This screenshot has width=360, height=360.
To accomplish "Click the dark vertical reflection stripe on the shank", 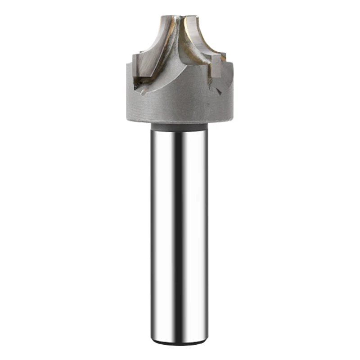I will click(179, 234).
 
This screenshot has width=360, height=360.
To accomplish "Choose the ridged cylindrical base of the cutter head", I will click(180, 106).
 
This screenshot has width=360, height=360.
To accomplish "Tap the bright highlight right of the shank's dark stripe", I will click(193, 234).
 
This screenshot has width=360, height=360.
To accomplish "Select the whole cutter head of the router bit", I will click(180, 72).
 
